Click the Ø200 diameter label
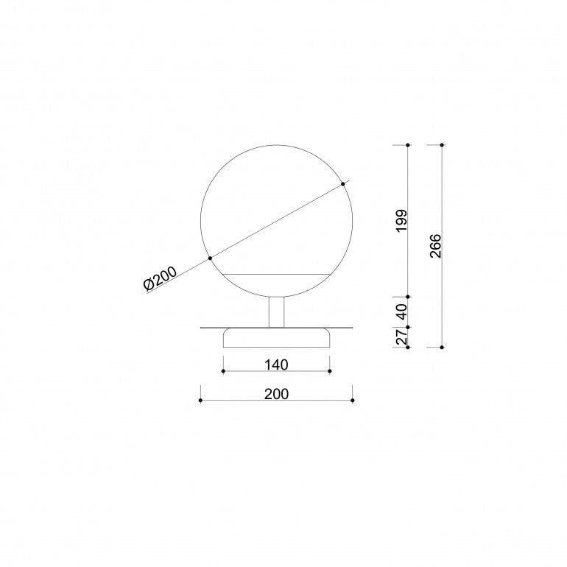point(161,278)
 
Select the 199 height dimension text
point(401,221)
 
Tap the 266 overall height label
point(436,246)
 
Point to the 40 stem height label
point(401,311)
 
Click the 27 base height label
point(401,337)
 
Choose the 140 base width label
point(276,364)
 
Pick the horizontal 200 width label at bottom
point(276,394)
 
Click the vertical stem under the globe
point(277,311)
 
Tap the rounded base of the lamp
point(277,338)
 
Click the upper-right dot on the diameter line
point(343,184)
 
